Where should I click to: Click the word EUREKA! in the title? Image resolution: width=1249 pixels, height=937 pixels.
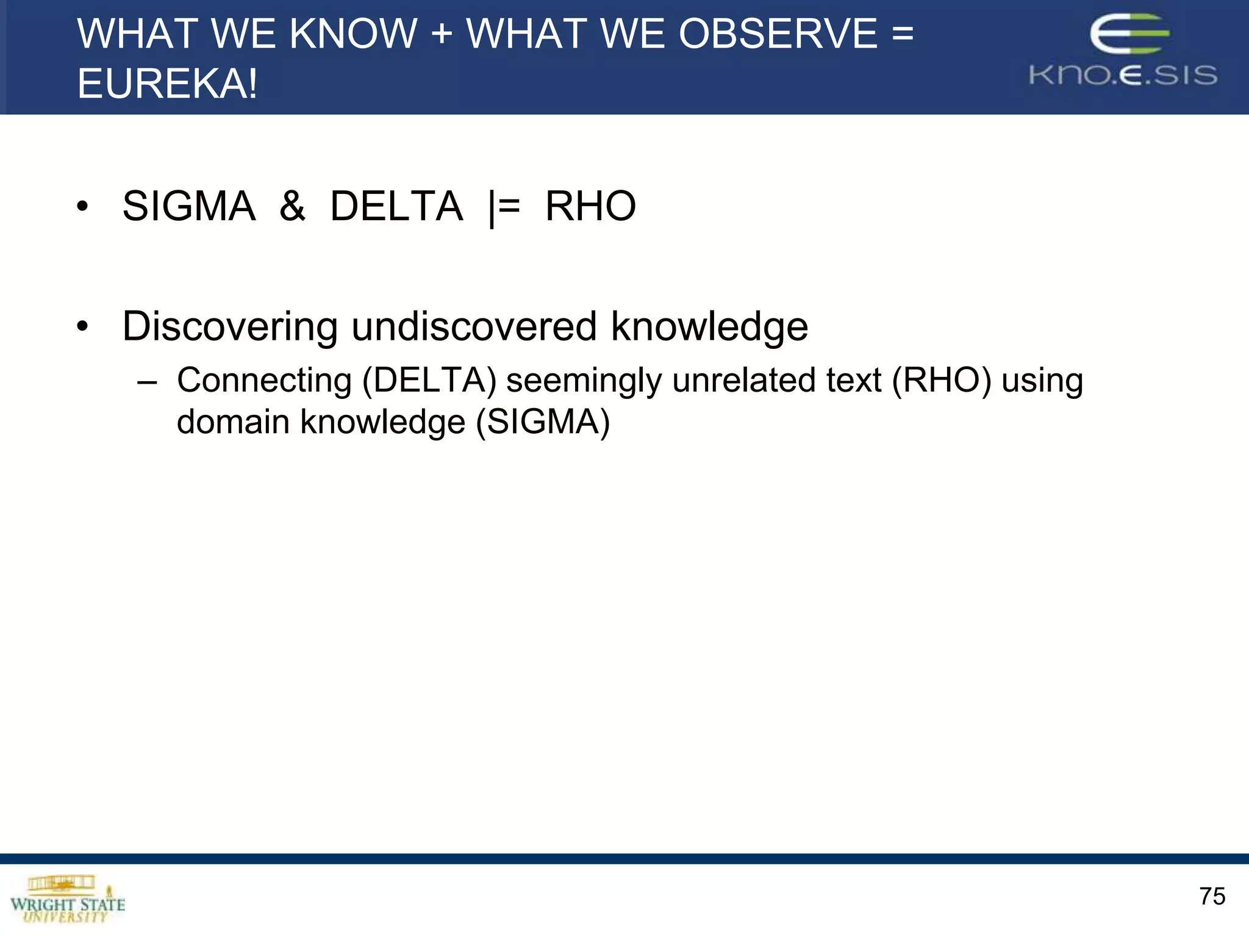(x=167, y=84)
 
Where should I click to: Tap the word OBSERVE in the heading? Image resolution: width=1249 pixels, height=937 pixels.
(x=778, y=34)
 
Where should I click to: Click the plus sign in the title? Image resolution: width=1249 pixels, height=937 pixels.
(x=442, y=34)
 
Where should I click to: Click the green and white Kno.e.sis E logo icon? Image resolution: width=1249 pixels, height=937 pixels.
(x=1129, y=35)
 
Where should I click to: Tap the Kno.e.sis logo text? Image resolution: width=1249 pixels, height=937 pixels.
(x=1123, y=75)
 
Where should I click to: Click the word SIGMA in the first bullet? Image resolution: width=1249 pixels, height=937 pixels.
(x=188, y=206)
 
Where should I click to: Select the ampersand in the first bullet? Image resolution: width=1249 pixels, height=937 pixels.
(x=292, y=206)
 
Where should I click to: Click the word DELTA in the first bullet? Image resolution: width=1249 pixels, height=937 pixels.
(x=396, y=206)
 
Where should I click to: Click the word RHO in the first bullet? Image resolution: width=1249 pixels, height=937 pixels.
(x=590, y=206)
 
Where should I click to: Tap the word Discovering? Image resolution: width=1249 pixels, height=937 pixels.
(x=230, y=326)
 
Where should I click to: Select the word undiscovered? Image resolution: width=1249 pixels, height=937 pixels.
(x=474, y=326)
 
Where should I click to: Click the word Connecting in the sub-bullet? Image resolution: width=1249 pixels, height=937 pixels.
(x=264, y=381)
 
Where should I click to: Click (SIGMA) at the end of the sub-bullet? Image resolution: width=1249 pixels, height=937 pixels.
(x=542, y=422)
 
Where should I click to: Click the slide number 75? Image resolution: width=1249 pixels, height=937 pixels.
(x=1212, y=896)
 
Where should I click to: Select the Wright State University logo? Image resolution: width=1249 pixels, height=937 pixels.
(x=67, y=900)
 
